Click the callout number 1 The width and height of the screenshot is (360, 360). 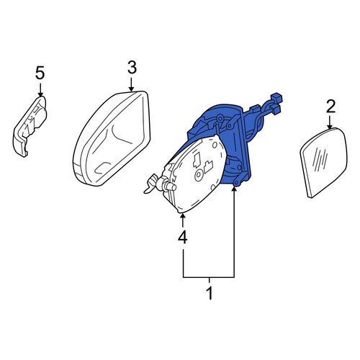click(210, 293)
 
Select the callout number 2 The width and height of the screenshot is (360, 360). click(330, 107)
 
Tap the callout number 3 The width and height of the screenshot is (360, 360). click(132, 68)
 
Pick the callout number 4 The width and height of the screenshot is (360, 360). click(182, 238)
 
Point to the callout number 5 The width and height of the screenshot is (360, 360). click(40, 73)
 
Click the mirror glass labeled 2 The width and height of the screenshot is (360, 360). click(324, 162)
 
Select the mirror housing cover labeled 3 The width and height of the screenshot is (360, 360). click(112, 138)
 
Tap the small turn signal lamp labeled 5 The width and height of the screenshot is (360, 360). click(30, 126)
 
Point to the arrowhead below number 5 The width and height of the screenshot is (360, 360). click(40, 94)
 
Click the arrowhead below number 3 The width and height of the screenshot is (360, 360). click(131, 89)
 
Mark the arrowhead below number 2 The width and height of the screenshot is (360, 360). click(330, 126)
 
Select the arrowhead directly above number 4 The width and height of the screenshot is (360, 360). click(183, 217)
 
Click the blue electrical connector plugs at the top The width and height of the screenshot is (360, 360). click(276, 103)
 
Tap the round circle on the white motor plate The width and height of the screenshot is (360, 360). click(199, 176)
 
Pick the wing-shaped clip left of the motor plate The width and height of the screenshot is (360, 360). click(153, 184)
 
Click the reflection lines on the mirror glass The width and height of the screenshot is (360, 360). click(320, 158)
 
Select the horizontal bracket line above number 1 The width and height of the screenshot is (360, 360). click(209, 277)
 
